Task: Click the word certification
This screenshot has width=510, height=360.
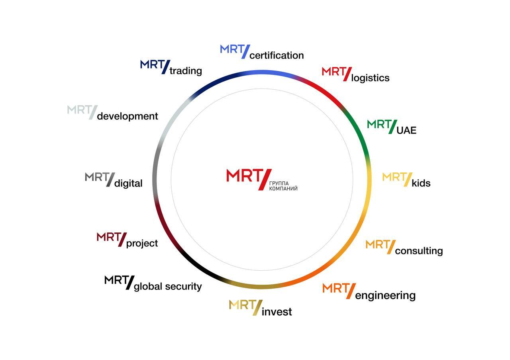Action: tap(277, 55)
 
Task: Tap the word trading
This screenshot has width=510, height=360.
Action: tap(186, 71)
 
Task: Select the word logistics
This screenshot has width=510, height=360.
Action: tap(370, 78)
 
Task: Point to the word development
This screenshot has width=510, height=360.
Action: tap(127, 116)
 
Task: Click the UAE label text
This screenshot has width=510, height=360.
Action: tap(406, 130)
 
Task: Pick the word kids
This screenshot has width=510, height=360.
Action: tap(421, 183)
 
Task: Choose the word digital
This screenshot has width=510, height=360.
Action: tap(128, 183)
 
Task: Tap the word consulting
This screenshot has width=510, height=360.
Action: tap(419, 251)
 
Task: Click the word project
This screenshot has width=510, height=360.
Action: tap(142, 244)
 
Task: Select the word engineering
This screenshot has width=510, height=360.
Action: tap(385, 295)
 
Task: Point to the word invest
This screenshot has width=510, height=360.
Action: tap(277, 312)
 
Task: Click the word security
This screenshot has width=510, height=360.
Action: tap(183, 287)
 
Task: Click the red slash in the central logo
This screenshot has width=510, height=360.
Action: tap(265, 179)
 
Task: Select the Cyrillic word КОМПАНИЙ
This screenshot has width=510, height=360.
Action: tap(283, 189)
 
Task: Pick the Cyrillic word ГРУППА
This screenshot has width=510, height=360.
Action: tap(279, 183)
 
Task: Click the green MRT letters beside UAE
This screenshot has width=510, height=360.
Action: tap(379, 124)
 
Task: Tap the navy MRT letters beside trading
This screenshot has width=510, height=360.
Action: tap(152, 64)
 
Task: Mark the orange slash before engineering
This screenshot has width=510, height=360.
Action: tap(351, 291)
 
